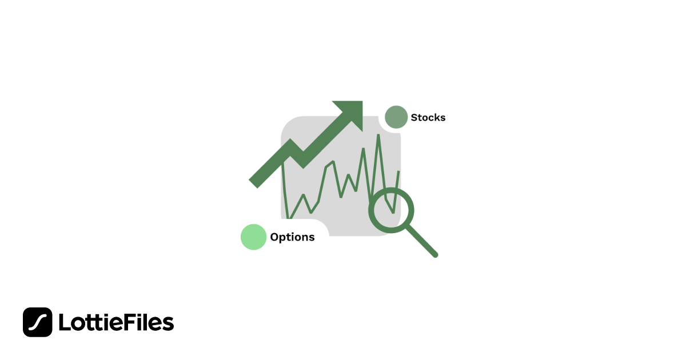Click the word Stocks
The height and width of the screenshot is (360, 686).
click(428, 118)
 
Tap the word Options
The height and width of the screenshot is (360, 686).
click(292, 237)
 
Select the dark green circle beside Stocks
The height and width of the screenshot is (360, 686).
click(396, 117)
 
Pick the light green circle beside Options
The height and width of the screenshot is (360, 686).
click(254, 237)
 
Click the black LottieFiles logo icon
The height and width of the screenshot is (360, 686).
click(38, 322)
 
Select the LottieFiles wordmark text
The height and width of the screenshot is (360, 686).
click(116, 323)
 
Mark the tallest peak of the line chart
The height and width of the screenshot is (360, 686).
click(378, 135)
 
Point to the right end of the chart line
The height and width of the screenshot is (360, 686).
click(398, 171)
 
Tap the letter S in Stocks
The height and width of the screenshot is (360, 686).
click(414, 118)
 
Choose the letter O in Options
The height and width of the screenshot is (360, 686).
click(274, 237)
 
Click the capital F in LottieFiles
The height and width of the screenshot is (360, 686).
click(132, 323)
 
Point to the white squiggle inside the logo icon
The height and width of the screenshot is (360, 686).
click(38, 322)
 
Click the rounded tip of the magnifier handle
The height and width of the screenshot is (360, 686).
click(436, 255)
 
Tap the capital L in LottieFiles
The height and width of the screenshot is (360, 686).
click(63, 323)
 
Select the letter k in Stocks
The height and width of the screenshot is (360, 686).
click(436, 118)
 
